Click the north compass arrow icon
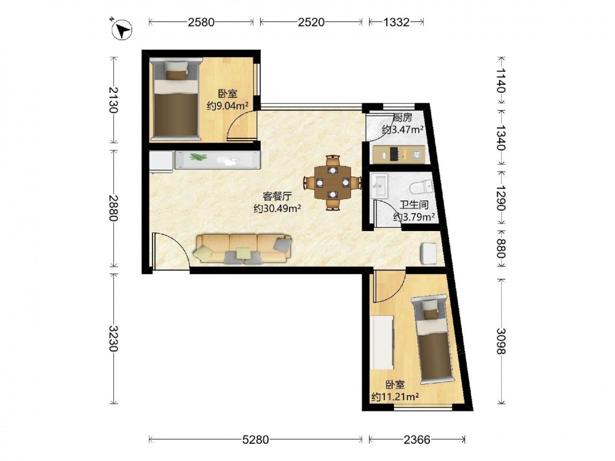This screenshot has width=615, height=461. click(x=122, y=29)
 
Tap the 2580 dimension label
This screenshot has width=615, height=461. click(x=201, y=22)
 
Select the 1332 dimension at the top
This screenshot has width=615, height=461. click(x=396, y=22)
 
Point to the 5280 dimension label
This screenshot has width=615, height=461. click(x=255, y=440)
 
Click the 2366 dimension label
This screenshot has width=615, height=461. click(x=417, y=440)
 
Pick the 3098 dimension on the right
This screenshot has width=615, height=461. click(x=501, y=341)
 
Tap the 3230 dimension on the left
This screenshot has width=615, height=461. click(x=114, y=339)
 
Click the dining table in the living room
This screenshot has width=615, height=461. click(x=333, y=183)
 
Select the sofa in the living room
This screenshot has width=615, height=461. click(x=243, y=249)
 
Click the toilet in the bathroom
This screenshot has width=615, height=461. click(x=421, y=187)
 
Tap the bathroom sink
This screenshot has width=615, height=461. click(x=379, y=186)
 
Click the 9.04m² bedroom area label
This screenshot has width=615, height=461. click(x=228, y=106)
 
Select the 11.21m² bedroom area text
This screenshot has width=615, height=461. click(x=395, y=396)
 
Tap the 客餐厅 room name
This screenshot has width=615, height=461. click(x=277, y=197)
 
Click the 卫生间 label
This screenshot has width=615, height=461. click(x=414, y=205)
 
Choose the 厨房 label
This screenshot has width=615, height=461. click(x=402, y=117)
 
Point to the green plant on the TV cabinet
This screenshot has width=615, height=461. click(x=199, y=157)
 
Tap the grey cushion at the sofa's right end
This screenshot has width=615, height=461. click(x=283, y=244)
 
